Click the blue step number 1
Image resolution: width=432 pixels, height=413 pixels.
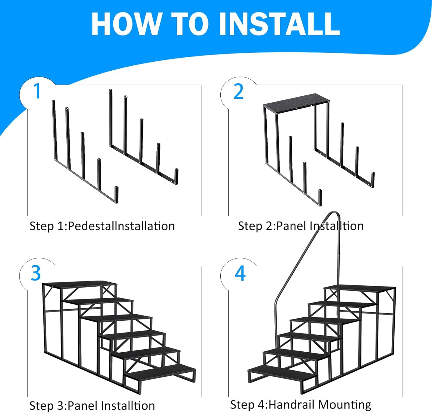(x=37, y=91)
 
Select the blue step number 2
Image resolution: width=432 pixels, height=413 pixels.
(x=239, y=91)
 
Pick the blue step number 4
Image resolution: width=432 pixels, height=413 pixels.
(x=240, y=273)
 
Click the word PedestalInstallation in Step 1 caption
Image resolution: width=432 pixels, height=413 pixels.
(x=121, y=226)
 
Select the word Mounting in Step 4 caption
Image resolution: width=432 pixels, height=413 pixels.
(x=344, y=405)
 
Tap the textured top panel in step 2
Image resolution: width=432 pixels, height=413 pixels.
(x=296, y=101)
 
